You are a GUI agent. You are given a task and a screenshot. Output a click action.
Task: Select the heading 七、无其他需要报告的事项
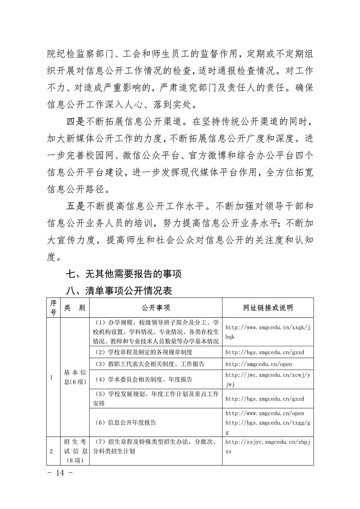coord(123,274)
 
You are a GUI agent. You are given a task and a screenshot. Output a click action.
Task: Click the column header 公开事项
coord(156,307)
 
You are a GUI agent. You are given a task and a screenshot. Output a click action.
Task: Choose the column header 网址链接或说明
coord(268,307)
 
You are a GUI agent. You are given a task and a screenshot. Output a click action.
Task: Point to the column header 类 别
coord(75,307)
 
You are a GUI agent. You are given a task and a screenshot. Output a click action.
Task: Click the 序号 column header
coord(53,307)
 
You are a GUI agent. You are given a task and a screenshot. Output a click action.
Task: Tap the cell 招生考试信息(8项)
coord(75,451)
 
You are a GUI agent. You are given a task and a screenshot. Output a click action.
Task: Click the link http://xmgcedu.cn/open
coord(258,364)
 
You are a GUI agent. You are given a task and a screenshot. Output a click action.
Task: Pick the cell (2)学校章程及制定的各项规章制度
coord(143,352)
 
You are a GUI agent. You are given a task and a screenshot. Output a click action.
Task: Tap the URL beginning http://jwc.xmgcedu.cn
coord(267,379)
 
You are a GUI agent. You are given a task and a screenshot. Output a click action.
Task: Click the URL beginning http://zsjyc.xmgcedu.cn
coord(267,446)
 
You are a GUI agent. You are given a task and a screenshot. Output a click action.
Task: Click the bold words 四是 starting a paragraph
coord(76,122)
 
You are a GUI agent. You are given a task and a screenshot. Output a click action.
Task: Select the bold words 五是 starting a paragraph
coord(76,207)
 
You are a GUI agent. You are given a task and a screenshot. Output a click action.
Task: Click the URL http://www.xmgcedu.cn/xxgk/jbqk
coord(267,332)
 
